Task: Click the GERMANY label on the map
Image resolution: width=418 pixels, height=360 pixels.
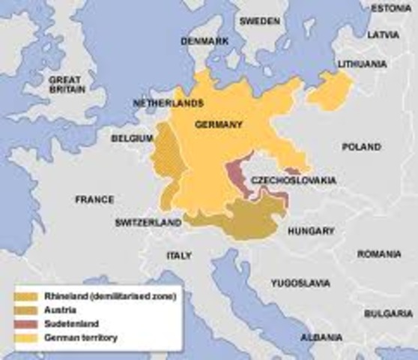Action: (218, 124)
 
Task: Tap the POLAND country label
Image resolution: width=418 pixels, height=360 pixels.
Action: (362, 147)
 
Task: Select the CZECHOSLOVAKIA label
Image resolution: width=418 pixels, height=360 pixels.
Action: (293, 181)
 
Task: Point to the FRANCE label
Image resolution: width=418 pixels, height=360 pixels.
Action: (95, 199)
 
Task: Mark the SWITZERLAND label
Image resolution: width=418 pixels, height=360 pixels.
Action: (148, 223)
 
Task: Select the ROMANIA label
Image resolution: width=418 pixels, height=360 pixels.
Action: (379, 254)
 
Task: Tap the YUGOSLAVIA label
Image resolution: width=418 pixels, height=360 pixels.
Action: (299, 283)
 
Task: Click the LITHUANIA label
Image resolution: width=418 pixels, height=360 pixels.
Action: (363, 64)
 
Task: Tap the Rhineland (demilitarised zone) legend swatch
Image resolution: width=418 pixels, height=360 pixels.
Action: (29, 298)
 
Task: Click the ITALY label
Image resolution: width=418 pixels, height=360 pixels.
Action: (179, 256)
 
